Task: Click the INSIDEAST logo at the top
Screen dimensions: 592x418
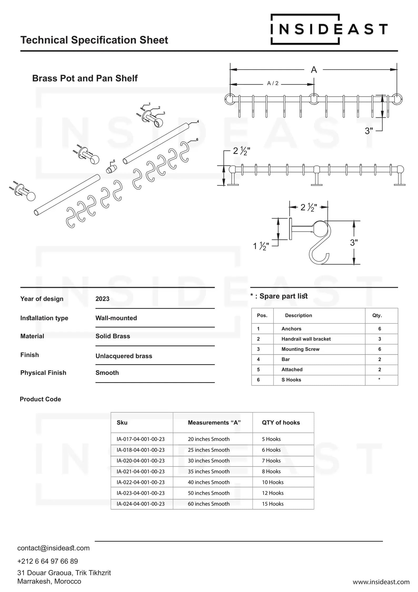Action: (329, 29)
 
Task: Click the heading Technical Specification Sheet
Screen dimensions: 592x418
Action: (94, 40)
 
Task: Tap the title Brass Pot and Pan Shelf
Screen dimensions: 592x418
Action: (85, 78)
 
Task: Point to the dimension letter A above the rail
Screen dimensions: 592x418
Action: (314, 70)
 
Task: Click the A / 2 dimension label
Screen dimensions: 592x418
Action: (273, 83)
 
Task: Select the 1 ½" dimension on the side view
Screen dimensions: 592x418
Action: (261, 246)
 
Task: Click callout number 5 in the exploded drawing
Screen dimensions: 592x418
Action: (114, 161)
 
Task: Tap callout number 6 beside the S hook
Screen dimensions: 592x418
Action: (197, 139)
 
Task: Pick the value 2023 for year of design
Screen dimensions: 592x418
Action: (102, 299)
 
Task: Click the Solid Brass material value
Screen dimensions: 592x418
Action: (113, 336)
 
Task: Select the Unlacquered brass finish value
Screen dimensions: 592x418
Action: (124, 356)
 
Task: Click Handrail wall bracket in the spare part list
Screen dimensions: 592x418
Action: (306, 339)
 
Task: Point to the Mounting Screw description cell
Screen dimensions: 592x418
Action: (300, 349)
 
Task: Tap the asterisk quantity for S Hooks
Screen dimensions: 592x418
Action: (379, 379)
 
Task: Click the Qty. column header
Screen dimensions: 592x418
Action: (377, 316)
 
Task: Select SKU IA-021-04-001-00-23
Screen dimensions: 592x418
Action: (141, 471)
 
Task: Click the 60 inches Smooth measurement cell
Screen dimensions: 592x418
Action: (208, 504)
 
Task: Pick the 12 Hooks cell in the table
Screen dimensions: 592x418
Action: (272, 493)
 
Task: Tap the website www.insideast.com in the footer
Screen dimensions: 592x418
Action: (381, 582)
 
